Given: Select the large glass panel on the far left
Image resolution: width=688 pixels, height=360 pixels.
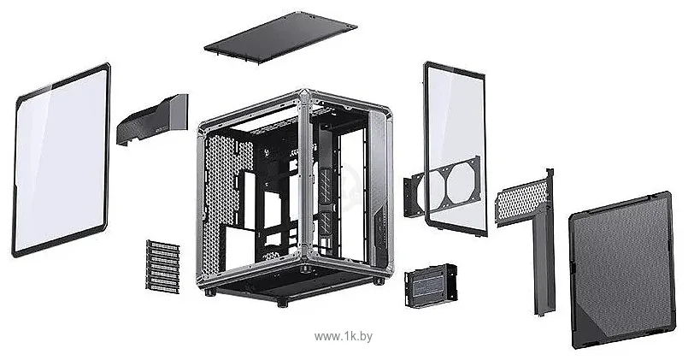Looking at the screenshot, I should (x=61, y=160).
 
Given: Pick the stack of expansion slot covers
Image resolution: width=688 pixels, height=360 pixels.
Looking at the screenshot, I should (x=163, y=266).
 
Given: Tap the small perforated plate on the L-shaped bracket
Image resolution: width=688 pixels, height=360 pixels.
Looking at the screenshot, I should (x=521, y=202).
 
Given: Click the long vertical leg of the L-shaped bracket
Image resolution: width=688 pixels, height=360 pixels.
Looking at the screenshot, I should (x=544, y=265).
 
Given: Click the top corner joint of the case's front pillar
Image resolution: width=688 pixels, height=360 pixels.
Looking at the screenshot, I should (x=301, y=96).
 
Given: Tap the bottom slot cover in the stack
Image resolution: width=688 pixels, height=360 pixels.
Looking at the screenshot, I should (x=162, y=287).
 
